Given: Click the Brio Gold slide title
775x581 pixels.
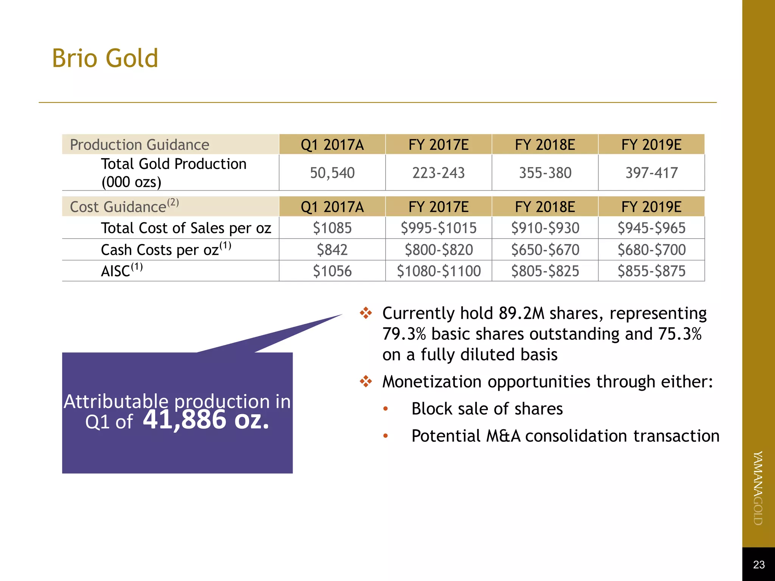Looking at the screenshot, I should click(x=105, y=59).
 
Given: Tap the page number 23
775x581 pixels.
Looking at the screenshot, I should click(x=758, y=564).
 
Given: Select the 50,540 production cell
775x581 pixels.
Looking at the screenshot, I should click(x=332, y=173).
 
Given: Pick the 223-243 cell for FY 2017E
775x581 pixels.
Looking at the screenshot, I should click(x=438, y=173).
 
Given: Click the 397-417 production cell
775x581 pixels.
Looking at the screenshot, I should click(x=651, y=173).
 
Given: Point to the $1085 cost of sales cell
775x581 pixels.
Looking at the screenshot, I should click(x=332, y=228).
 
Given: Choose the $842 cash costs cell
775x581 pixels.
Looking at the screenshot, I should click(x=332, y=250).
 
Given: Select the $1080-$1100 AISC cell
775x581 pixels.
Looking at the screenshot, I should click(x=439, y=271).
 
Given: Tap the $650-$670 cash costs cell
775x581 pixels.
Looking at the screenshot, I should click(x=545, y=250).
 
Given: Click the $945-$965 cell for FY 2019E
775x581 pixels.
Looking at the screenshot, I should click(x=651, y=228).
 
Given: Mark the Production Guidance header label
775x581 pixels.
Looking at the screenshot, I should click(x=139, y=145).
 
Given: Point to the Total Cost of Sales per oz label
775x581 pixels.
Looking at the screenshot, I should click(x=186, y=228).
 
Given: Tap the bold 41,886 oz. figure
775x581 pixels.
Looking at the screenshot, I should click(x=206, y=420).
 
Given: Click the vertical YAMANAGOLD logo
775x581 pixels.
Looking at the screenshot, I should click(x=758, y=488).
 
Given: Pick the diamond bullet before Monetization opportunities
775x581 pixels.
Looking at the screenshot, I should click(x=366, y=381).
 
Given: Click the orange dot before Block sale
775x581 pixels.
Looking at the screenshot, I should click(x=385, y=409).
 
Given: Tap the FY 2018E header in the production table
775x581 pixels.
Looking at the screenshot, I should click(x=545, y=144).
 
